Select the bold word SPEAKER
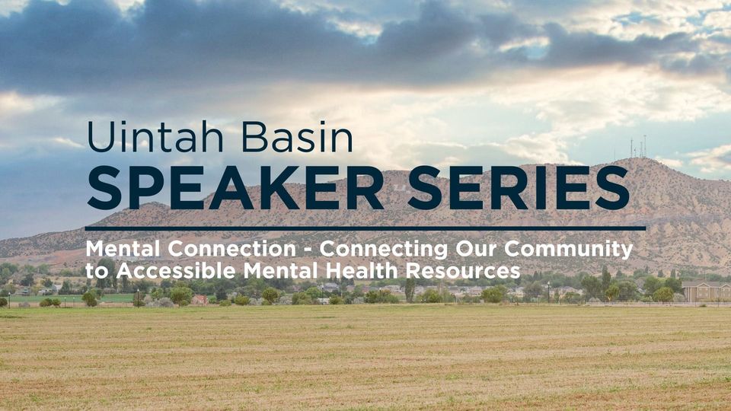(x=235, y=188)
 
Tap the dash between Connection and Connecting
(x=308, y=250)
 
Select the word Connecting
(x=383, y=250)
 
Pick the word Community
(x=568, y=250)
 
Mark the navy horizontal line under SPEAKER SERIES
(x=365, y=228)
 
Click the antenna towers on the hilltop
(x=639, y=146)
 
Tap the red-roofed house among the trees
(x=200, y=299)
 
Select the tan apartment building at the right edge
(x=706, y=292)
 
